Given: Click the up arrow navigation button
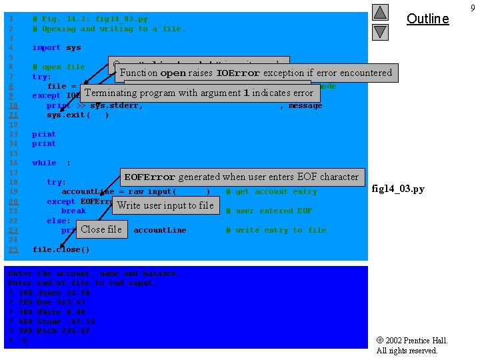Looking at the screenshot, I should point(379,13).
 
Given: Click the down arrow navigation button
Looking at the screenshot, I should point(379,31).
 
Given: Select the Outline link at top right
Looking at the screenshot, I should point(427,19).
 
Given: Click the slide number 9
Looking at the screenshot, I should point(472,7).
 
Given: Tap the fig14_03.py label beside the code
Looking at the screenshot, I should point(398,189).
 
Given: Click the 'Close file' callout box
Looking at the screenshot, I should point(101,229).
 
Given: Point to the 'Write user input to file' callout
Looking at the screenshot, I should point(165,205).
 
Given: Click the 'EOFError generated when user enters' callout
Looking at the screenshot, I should point(241,177).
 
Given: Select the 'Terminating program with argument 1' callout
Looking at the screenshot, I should point(199,93).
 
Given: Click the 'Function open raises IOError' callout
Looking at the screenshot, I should point(256,73).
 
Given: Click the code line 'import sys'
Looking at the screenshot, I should point(57,48).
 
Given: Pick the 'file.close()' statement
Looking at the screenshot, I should point(61,250).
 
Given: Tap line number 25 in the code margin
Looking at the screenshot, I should point(14,250).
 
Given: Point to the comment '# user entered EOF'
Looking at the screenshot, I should point(269,211).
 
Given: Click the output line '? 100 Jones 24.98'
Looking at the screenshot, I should point(49,293).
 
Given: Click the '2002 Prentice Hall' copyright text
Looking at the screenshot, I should point(412,341).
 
